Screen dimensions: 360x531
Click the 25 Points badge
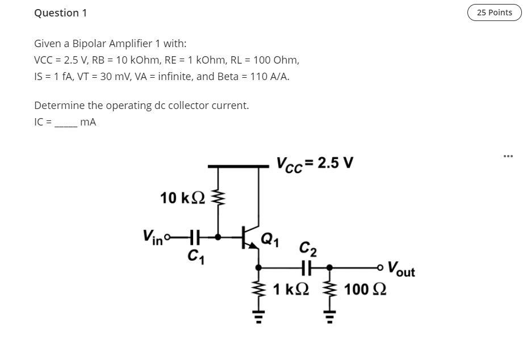click(494, 12)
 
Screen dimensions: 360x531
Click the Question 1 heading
click(61, 12)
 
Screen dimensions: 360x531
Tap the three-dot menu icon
click(508, 156)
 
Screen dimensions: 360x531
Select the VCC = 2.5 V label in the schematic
click(315, 164)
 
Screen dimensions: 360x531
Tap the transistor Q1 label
click(270, 239)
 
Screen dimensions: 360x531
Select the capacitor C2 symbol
click(307, 266)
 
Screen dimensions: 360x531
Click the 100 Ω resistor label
click(365, 290)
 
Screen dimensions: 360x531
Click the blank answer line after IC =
click(65, 122)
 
